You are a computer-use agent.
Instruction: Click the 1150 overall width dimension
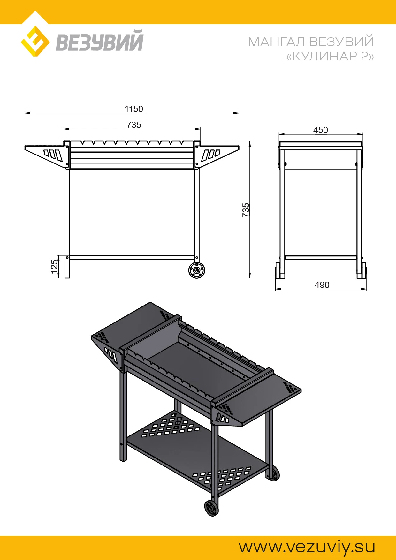[134, 109]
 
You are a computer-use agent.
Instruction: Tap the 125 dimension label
[54, 267]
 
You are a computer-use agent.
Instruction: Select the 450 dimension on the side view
[321, 130]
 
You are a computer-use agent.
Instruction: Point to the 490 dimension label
[322, 285]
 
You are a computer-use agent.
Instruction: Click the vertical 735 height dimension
[246, 210]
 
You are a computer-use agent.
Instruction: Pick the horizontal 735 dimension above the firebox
[134, 125]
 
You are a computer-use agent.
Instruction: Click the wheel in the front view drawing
[197, 270]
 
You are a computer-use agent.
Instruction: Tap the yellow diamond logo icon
[35, 42]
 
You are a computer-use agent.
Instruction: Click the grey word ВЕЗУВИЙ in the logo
[100, 41]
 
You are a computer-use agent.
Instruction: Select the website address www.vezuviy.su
[307, 547]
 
